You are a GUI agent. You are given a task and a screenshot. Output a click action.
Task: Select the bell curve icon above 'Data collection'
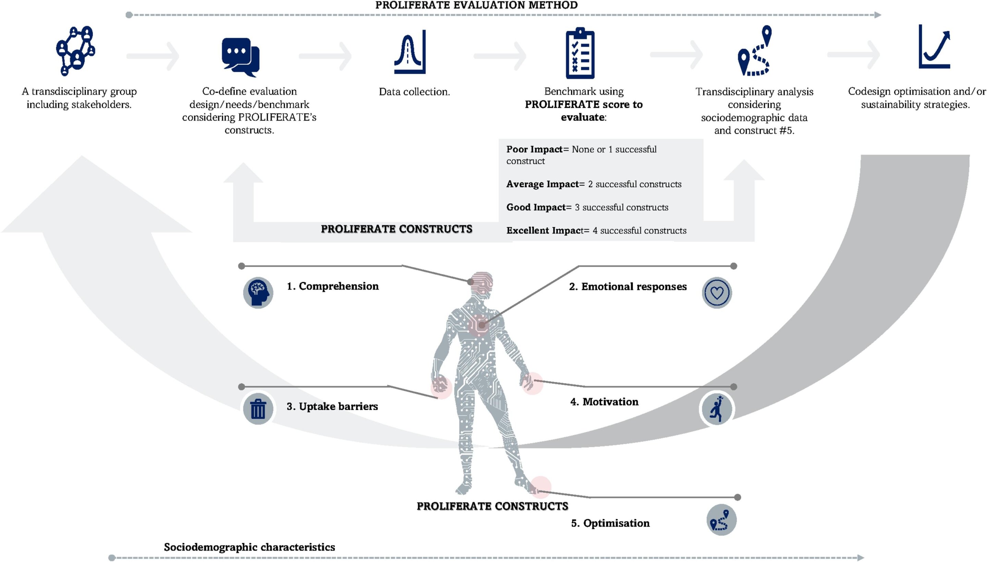[x=410, y=52]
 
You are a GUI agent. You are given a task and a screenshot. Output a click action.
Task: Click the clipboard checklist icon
[x=580, y=53]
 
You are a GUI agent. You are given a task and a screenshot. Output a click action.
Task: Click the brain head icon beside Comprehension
[x=258, y=292]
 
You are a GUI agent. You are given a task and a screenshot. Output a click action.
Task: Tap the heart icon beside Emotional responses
[x=717, y=292]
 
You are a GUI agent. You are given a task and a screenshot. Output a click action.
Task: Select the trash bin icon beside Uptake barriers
[x=258, y=409]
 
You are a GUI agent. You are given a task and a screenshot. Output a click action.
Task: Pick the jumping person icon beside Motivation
[x=717, y=409]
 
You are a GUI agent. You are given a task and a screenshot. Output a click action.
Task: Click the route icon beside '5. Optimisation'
[x=721, y=519]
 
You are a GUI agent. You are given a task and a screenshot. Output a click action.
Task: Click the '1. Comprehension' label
[x=332, y=286]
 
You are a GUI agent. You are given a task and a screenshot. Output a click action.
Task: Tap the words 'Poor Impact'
[x=534, y=150]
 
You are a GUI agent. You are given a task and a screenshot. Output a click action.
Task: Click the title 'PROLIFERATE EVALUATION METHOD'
[x=476, y=5]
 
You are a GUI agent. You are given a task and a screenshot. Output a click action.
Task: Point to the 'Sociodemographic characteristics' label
[x=249, y=547]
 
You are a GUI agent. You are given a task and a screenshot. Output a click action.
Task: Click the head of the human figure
[x=482, y=285]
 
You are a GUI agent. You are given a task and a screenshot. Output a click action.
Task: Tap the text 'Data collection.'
[x=414, y=92]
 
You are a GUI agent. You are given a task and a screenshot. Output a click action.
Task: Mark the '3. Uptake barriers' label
[x=332, y=406]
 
